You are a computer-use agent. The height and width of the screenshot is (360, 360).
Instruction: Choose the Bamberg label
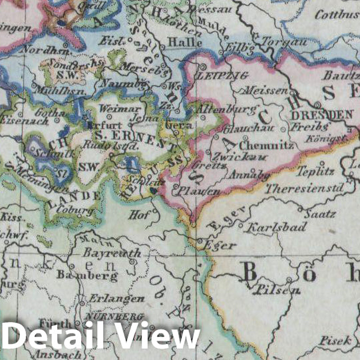coord(83,273)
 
